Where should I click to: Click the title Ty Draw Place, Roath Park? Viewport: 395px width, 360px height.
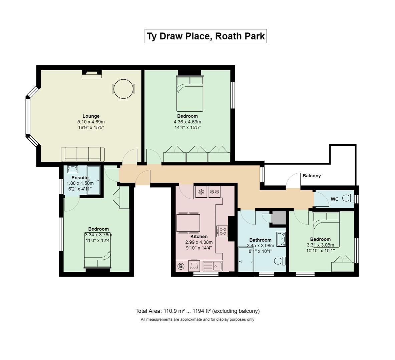click(x=206, y=36)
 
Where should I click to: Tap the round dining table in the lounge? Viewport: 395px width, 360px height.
click(x=123, y=89)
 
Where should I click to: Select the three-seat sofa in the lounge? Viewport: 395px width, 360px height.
click(x=83, y=154)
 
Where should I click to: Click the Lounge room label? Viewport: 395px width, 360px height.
click(x=91, y=116)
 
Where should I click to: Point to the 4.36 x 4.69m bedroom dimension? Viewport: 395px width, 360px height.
click(x=187, y=122)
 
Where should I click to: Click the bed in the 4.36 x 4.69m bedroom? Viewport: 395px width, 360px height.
click(x=190, y=93)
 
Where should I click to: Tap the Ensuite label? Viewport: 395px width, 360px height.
click(x=80, y=177)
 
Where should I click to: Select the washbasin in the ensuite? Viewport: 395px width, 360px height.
click(x=73, y=169)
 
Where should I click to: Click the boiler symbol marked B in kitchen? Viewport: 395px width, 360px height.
click(x=181, y=266)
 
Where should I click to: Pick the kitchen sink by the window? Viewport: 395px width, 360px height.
click(x=213, y=266)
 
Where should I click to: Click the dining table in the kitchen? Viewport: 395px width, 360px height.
click(x=188, y=223)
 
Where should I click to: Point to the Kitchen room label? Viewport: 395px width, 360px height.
click(x=199, y=236)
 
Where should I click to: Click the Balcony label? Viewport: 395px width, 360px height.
click(x=312, y=176)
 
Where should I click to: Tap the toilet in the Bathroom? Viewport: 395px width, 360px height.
click(x=280, y=261)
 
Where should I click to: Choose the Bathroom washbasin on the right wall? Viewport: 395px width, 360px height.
click(x=281, y=239)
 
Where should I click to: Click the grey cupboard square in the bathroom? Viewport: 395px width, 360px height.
click(x=278, y=218)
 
